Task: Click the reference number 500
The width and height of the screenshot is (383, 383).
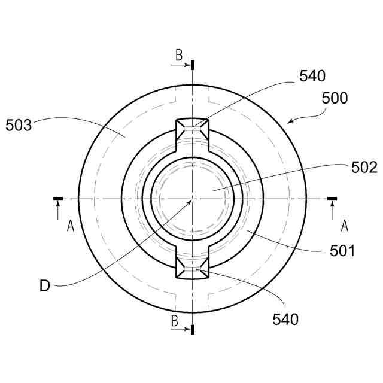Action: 335,98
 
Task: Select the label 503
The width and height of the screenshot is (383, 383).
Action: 19,125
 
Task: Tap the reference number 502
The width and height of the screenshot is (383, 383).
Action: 364,168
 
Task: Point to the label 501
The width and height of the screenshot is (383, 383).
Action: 342,251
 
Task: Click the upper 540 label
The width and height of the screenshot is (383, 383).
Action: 312,76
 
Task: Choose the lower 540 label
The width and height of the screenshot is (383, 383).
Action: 285,319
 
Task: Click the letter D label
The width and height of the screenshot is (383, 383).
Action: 45,285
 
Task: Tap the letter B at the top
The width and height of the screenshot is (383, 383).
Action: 179,55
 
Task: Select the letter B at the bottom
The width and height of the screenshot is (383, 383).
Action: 174,321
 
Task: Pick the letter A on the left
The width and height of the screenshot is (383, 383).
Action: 71,226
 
